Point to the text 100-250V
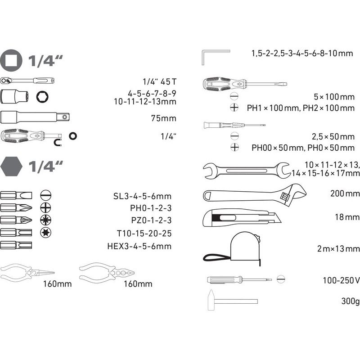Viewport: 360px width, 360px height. [x=342, y=280]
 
